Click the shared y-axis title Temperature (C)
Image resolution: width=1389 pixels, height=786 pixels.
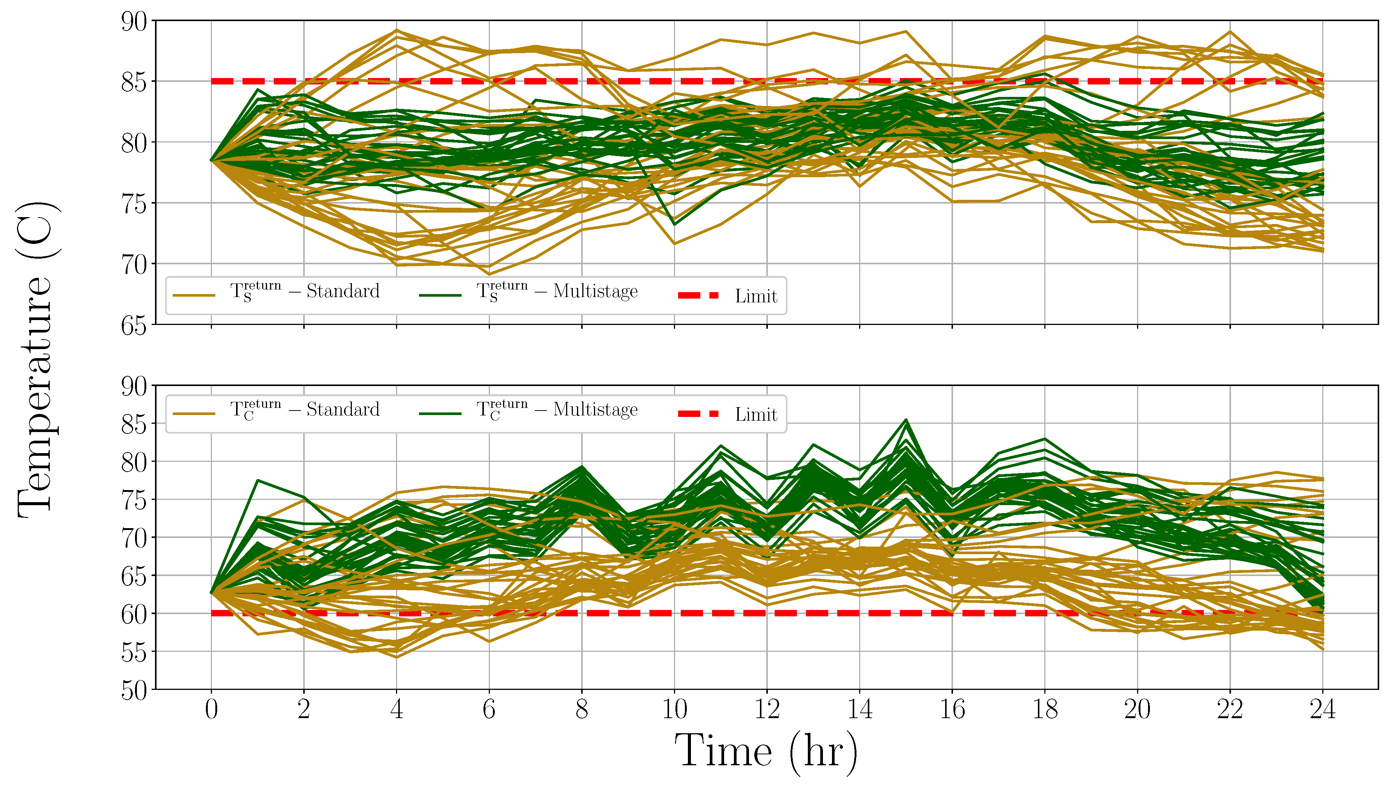click(37, 361)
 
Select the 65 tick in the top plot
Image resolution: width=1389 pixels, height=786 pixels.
click(134, 325)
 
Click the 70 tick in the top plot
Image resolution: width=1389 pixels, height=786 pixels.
click(134, 265)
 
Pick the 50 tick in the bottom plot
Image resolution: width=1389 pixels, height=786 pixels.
click(134, 691)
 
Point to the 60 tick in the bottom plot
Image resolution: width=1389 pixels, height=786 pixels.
click(134, 614)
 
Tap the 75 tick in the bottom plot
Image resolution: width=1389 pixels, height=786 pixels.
click(134, 500)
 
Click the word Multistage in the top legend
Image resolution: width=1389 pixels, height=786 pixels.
click(595, 291)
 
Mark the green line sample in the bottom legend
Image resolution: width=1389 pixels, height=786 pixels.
click(440, 414)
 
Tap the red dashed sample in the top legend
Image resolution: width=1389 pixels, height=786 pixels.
click(698, 295)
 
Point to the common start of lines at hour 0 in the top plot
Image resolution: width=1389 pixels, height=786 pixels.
click(211, 160)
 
